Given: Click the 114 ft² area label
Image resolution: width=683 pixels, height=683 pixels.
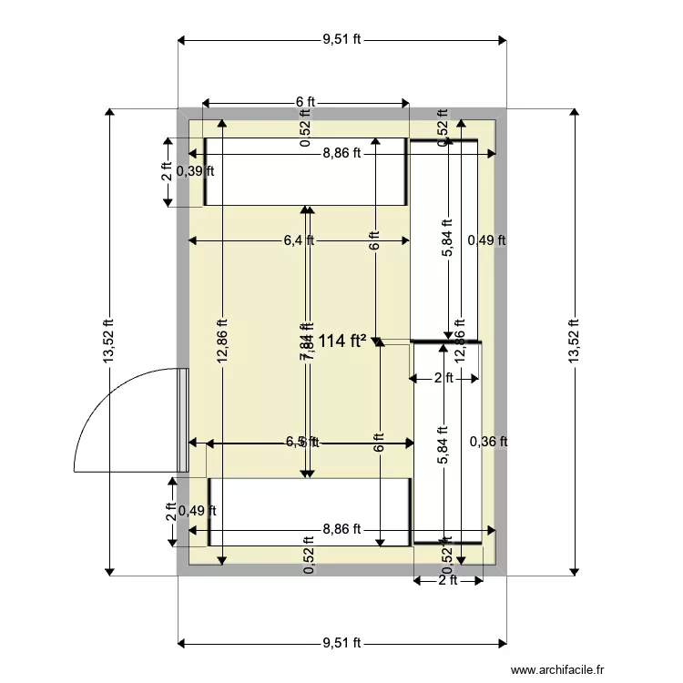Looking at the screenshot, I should [x=342, y=341].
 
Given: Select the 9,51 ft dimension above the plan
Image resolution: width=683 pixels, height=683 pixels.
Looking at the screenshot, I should [x=342, y=39].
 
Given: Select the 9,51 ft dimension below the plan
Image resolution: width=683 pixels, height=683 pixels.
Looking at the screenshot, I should [x=342, y=643].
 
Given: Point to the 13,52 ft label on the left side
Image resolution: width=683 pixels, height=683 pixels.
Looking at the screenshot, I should [x=109, y=342].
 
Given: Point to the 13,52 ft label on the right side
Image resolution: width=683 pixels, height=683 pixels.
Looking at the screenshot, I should [x=574, y=342].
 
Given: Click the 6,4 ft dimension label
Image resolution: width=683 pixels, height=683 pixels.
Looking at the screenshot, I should [x=299, y=240].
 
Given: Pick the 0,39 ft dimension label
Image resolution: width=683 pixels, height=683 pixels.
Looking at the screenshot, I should [x=196, y=170].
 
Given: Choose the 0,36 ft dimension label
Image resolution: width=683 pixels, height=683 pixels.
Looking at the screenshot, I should [x=487, y=442].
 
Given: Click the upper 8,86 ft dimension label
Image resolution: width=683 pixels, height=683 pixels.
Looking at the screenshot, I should [x=341, y=154].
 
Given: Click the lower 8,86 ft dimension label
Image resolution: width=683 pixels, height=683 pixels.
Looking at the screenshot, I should [x=341, y=528].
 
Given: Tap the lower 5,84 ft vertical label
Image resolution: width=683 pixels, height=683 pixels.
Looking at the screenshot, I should [x=443, y=446].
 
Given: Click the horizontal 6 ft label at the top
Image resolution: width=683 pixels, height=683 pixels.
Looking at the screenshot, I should [x=304, y=102].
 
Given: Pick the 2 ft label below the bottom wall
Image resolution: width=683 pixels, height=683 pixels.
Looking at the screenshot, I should [x=447, y=580].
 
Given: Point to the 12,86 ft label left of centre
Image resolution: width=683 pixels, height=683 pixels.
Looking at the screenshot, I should [x=222, y=342].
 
